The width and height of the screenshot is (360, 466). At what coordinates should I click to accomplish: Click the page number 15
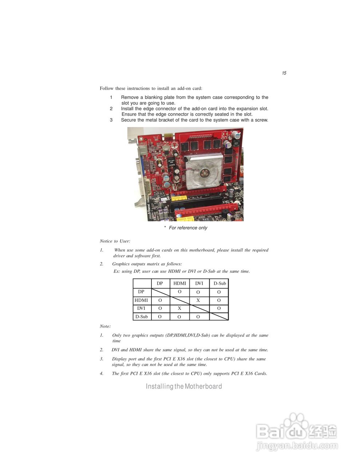click(x=284, y=73)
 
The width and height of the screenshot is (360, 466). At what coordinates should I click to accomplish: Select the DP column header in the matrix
click(x=160, y=283)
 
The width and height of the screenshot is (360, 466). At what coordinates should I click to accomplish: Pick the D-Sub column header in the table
click(x=219, y=283)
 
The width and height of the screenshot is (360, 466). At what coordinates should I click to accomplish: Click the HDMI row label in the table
click(x=141, y=300)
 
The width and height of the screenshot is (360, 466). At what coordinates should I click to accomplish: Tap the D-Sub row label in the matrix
click(x=142, y=317)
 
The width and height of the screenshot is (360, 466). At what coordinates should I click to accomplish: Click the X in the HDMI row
click(x=198, y=300)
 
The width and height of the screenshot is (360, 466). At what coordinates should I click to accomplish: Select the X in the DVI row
click(x=179, y=308)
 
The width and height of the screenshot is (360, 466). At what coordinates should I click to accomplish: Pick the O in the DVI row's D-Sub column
click(x=219, y=308)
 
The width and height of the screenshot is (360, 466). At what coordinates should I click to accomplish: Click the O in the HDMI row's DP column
click(x=160, y=300)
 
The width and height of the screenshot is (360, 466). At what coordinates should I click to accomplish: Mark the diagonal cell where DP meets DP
click(x=161, y=292)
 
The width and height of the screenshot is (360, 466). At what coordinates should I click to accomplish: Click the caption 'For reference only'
click(x=188, y=228)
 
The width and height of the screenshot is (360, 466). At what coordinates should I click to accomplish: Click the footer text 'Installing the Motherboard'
click(x=184, y=386)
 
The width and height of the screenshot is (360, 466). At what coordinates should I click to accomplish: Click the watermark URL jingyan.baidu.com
click(x=297, y=446)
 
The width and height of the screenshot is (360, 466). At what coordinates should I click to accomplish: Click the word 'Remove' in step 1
click(x=130, y=98)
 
